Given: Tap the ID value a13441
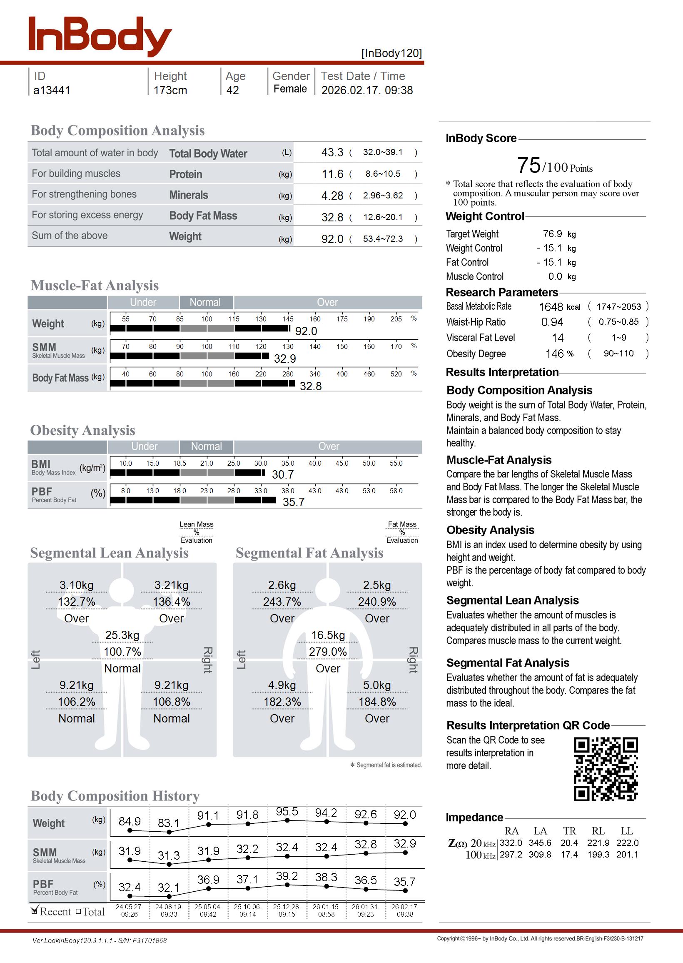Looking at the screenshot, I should coord(52,90).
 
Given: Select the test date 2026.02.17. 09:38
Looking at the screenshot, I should coord(367,90).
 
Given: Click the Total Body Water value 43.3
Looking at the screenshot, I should coord(332,152).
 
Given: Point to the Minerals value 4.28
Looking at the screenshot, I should coord(332,196).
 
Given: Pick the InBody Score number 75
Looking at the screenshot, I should coord(528,165).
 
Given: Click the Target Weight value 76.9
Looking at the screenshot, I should coord(552,233).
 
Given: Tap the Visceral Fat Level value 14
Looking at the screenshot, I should coord(558,338).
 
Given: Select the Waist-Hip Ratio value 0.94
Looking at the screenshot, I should coord(552,322).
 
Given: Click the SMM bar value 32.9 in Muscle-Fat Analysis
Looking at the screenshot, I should coord(285,359).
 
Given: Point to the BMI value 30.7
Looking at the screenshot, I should coord(283,474).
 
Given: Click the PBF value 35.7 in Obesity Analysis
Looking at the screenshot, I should coord(293,502).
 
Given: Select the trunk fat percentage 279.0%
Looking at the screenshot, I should coord(328,652).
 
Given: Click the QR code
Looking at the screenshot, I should coord(606,769).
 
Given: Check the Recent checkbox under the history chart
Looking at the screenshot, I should coord(35,911).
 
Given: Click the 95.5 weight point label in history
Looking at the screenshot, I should coord(287,811).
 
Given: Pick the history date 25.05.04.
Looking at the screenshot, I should coord(208,907).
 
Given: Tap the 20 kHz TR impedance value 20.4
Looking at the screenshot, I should coord(569,843).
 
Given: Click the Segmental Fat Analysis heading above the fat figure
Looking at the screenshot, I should coord(309,553).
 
